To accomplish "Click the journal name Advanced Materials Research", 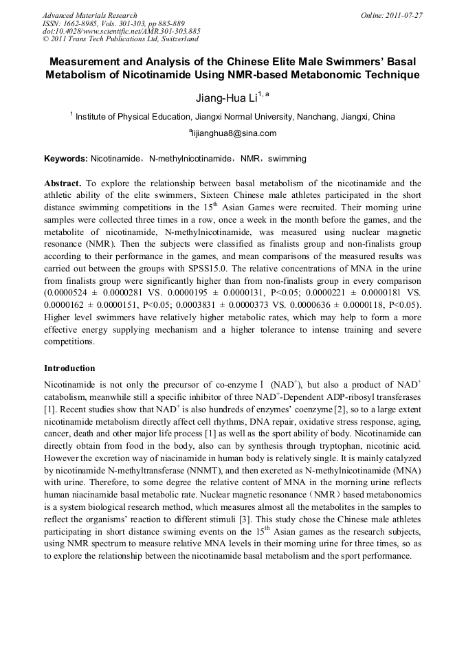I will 89,15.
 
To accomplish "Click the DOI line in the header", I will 122,32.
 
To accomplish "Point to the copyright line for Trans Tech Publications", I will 120,40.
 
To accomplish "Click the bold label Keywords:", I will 66,159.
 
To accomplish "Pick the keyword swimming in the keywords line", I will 287,159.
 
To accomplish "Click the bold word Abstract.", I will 63,184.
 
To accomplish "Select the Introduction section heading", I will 69,368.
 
